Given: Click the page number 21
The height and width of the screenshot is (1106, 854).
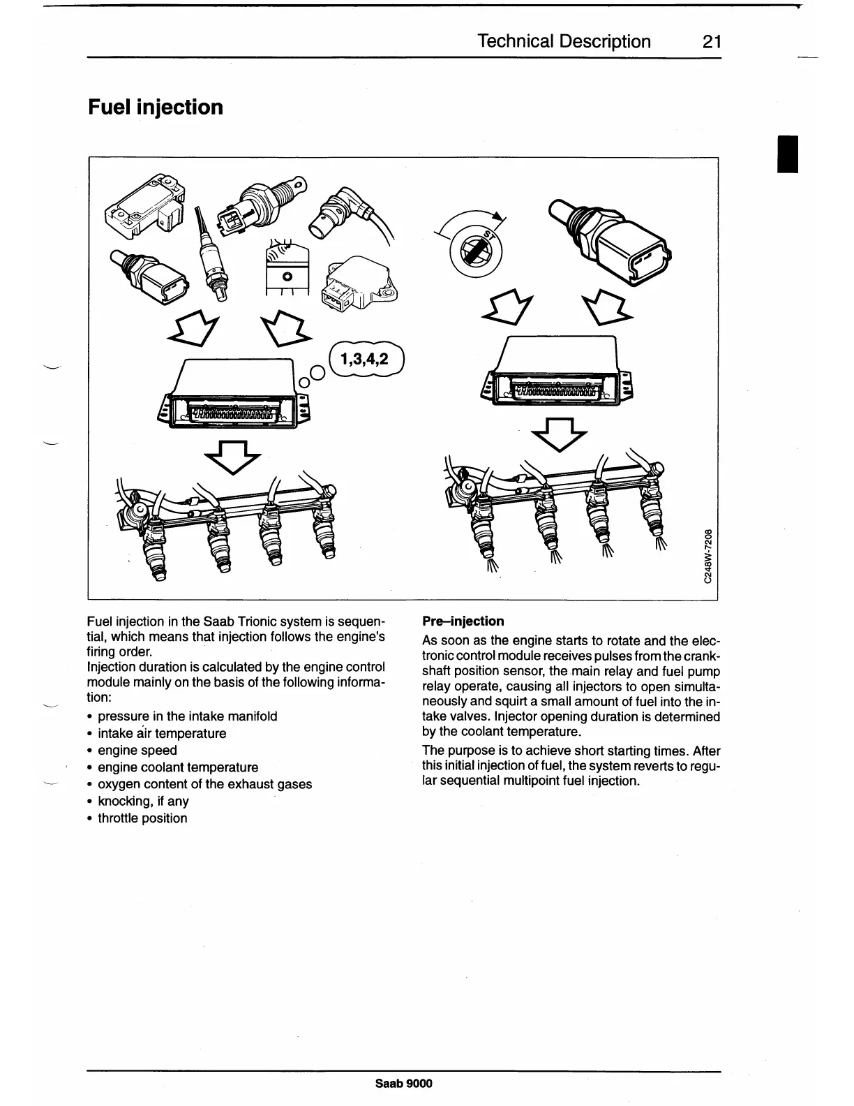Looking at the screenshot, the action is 711,42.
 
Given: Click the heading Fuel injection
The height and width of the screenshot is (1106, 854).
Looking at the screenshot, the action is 155,107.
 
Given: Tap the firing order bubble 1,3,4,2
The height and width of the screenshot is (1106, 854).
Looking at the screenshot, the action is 364,360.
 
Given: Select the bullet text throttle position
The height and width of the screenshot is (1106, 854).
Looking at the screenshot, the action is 142,818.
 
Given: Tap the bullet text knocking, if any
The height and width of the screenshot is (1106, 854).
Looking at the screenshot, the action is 143,801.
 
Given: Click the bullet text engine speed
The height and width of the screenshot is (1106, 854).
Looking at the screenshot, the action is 137,750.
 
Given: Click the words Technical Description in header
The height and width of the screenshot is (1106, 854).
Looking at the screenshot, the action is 564,42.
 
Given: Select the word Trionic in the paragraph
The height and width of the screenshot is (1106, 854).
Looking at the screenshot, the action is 257,621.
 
